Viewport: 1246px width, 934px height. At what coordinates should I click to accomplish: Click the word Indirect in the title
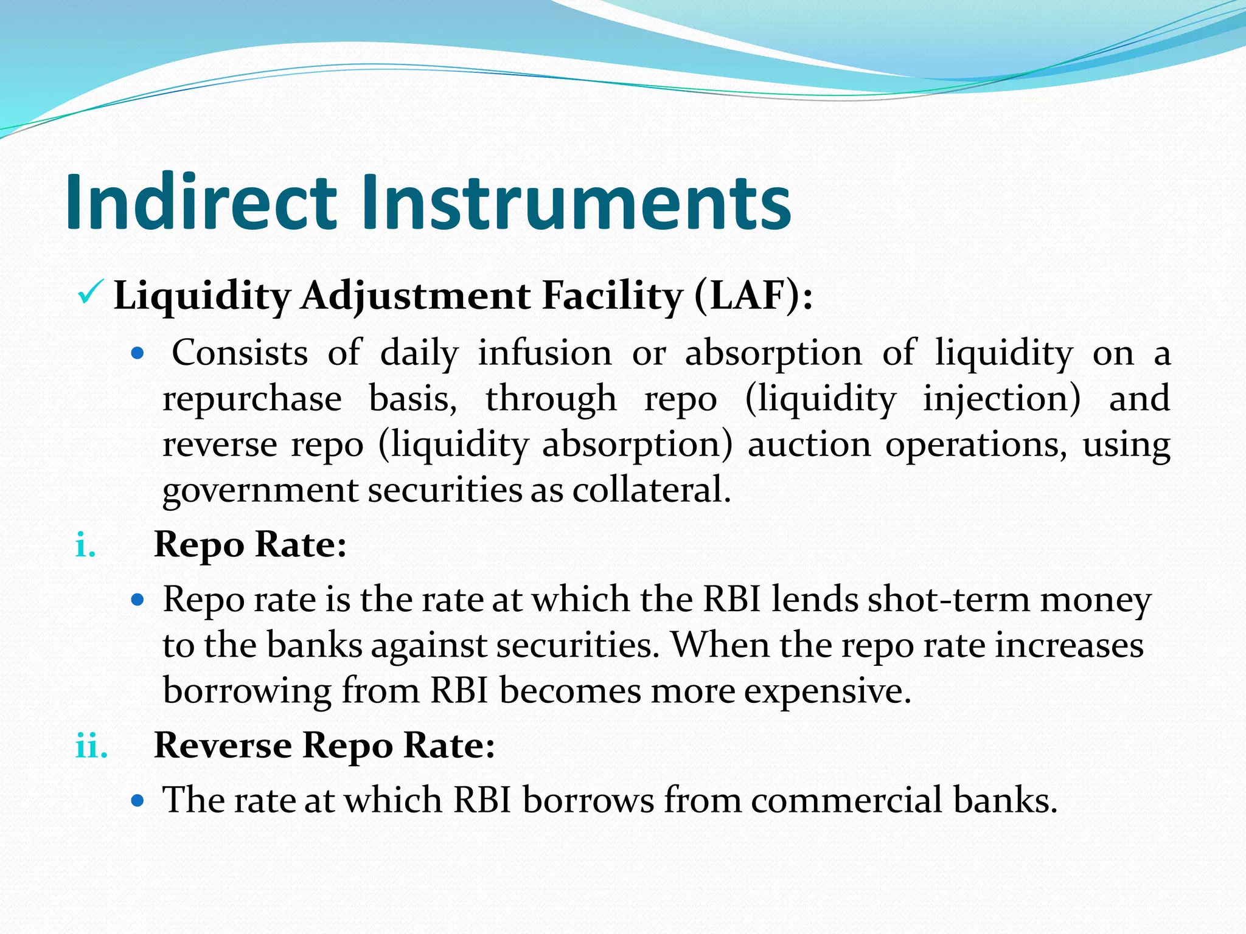pos(201,202)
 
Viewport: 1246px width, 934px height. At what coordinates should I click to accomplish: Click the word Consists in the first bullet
pos(240,353)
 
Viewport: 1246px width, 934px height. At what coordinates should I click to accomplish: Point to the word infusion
pos(545,353)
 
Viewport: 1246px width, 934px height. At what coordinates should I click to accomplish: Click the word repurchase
pos(252,400)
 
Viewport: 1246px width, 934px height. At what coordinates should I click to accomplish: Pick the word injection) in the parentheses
pos(1001,400)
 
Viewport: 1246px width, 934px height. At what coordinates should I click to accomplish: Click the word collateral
pos(651,490)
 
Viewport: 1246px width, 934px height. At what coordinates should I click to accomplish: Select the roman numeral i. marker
pos(86,545)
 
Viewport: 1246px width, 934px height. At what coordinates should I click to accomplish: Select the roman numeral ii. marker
pos(92,745)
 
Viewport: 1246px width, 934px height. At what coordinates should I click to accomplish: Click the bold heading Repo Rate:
pos(250,544)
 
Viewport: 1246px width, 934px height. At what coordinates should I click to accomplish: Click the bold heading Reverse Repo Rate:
pos(324,745)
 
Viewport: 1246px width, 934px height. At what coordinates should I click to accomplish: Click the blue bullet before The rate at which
pos(138,800)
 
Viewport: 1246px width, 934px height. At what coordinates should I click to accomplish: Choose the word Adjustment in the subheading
pos(415,297)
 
